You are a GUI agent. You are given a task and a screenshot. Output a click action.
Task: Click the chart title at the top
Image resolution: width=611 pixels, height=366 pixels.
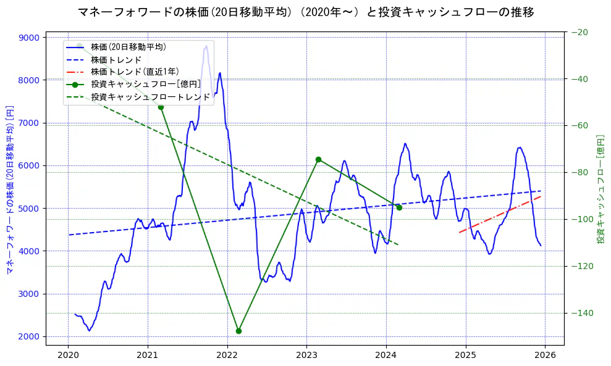point(306,12)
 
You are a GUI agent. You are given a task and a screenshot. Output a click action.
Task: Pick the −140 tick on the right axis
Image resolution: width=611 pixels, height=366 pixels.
point(581,313)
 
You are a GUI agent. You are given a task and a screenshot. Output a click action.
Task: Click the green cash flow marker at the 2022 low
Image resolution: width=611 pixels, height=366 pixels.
point(238,331)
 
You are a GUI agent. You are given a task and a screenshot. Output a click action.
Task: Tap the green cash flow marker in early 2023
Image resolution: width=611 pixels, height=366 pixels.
point(318,159)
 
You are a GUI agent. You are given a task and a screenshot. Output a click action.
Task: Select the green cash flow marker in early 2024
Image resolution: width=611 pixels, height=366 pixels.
point(399,207)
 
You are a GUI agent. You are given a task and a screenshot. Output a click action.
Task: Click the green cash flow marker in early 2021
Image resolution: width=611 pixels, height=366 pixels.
point(161,107)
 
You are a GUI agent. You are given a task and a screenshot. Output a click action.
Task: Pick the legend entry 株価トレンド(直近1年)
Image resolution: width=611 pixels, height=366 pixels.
point(135,72)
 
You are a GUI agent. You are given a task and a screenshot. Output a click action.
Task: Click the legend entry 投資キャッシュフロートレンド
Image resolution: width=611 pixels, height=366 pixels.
point(150,97)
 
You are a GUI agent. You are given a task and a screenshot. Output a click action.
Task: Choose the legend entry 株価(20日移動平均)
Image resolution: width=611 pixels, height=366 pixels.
point(128,46)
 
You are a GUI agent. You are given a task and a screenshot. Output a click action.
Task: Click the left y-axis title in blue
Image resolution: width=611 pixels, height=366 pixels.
point(9,189)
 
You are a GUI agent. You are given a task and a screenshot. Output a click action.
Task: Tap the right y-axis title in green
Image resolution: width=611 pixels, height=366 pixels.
point(600,189)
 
